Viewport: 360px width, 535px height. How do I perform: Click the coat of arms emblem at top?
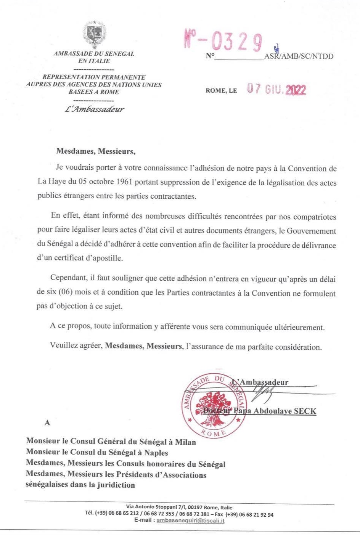[x=94, y=34]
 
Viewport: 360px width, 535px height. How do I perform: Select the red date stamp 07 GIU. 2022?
[x=276, y=89]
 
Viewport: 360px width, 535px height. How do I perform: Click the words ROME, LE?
[x=221, y=91]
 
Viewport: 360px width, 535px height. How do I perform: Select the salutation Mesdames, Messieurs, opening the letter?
[x=96, y=151]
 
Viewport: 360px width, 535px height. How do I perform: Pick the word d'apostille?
[x=104, y=258]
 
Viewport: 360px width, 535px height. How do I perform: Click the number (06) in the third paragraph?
[x=67, y=294]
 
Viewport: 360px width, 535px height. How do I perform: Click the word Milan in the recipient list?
[x=185, y=442]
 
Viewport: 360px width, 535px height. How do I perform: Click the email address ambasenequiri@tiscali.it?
[x=190, y=521]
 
